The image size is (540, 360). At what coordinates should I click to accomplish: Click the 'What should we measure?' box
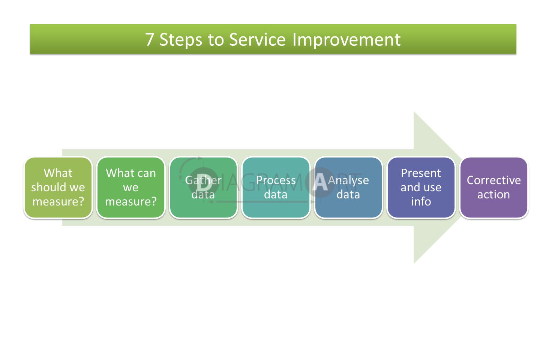(58, 187)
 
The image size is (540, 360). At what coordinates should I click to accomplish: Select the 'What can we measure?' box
(131, 187)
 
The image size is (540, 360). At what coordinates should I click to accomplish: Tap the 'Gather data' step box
(204, 187)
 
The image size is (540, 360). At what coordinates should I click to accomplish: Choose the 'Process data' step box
(276, 187)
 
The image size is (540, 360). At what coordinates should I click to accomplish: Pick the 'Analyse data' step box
(349, 187)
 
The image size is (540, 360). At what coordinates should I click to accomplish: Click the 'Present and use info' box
(421, 187)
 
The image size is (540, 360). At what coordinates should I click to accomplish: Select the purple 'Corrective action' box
(494, 187)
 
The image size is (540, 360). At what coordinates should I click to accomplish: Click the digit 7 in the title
(150, 39)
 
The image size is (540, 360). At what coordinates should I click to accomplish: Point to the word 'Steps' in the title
(181, 40)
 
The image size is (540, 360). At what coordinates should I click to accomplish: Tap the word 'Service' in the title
(257, 39)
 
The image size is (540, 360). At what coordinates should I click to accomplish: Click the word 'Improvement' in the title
(346, 40)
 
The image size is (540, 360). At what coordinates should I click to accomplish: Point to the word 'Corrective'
(494, 180)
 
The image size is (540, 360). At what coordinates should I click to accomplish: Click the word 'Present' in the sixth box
(421, 173)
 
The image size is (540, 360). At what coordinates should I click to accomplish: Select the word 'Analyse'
(348, 181)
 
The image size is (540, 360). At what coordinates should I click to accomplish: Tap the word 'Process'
(276, 180)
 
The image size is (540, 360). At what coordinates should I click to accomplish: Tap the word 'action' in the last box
(494, 194)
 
